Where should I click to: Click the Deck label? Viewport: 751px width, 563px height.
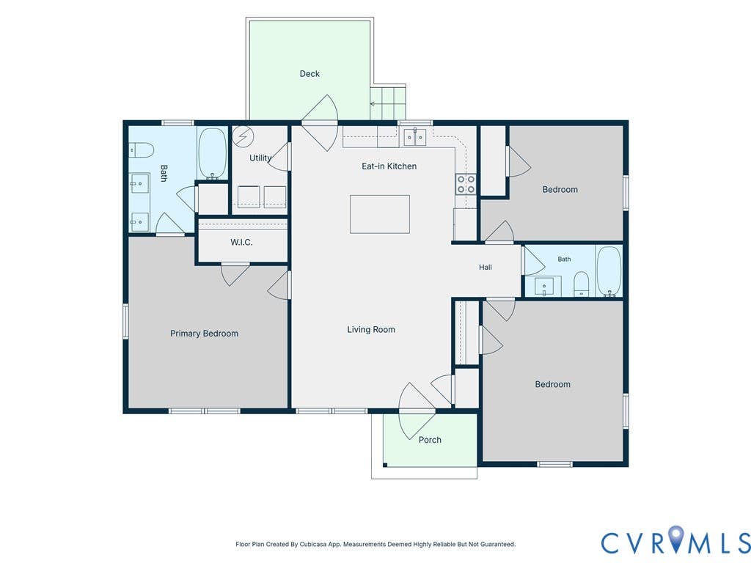[x=309, y=74]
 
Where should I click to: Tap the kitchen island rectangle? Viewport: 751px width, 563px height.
[x=380, y=214]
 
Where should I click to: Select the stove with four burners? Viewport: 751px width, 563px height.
[x=466, y=184]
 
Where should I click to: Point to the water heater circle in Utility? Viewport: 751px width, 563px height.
[x=242, y=137]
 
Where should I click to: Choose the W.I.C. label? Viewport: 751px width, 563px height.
[x=241, y=242]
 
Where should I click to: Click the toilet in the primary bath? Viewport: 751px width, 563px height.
[x=141, y=150]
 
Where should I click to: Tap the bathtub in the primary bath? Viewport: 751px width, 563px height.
[x=212, y=152]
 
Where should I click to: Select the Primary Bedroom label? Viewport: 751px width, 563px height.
[x=204, y=334]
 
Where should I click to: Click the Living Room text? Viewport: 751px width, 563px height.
[x=371, y=329]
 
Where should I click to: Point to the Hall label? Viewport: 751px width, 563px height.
[x=486, y=267]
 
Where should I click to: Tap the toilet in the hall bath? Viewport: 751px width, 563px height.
[x=581, y=284]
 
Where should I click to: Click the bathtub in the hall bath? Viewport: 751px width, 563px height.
[x=609, y=271]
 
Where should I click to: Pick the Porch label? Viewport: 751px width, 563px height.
[x=430, y=440]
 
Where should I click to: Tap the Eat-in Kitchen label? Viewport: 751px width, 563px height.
[x=389, y=166]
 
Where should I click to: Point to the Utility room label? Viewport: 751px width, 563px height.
[x=260, y=158]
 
